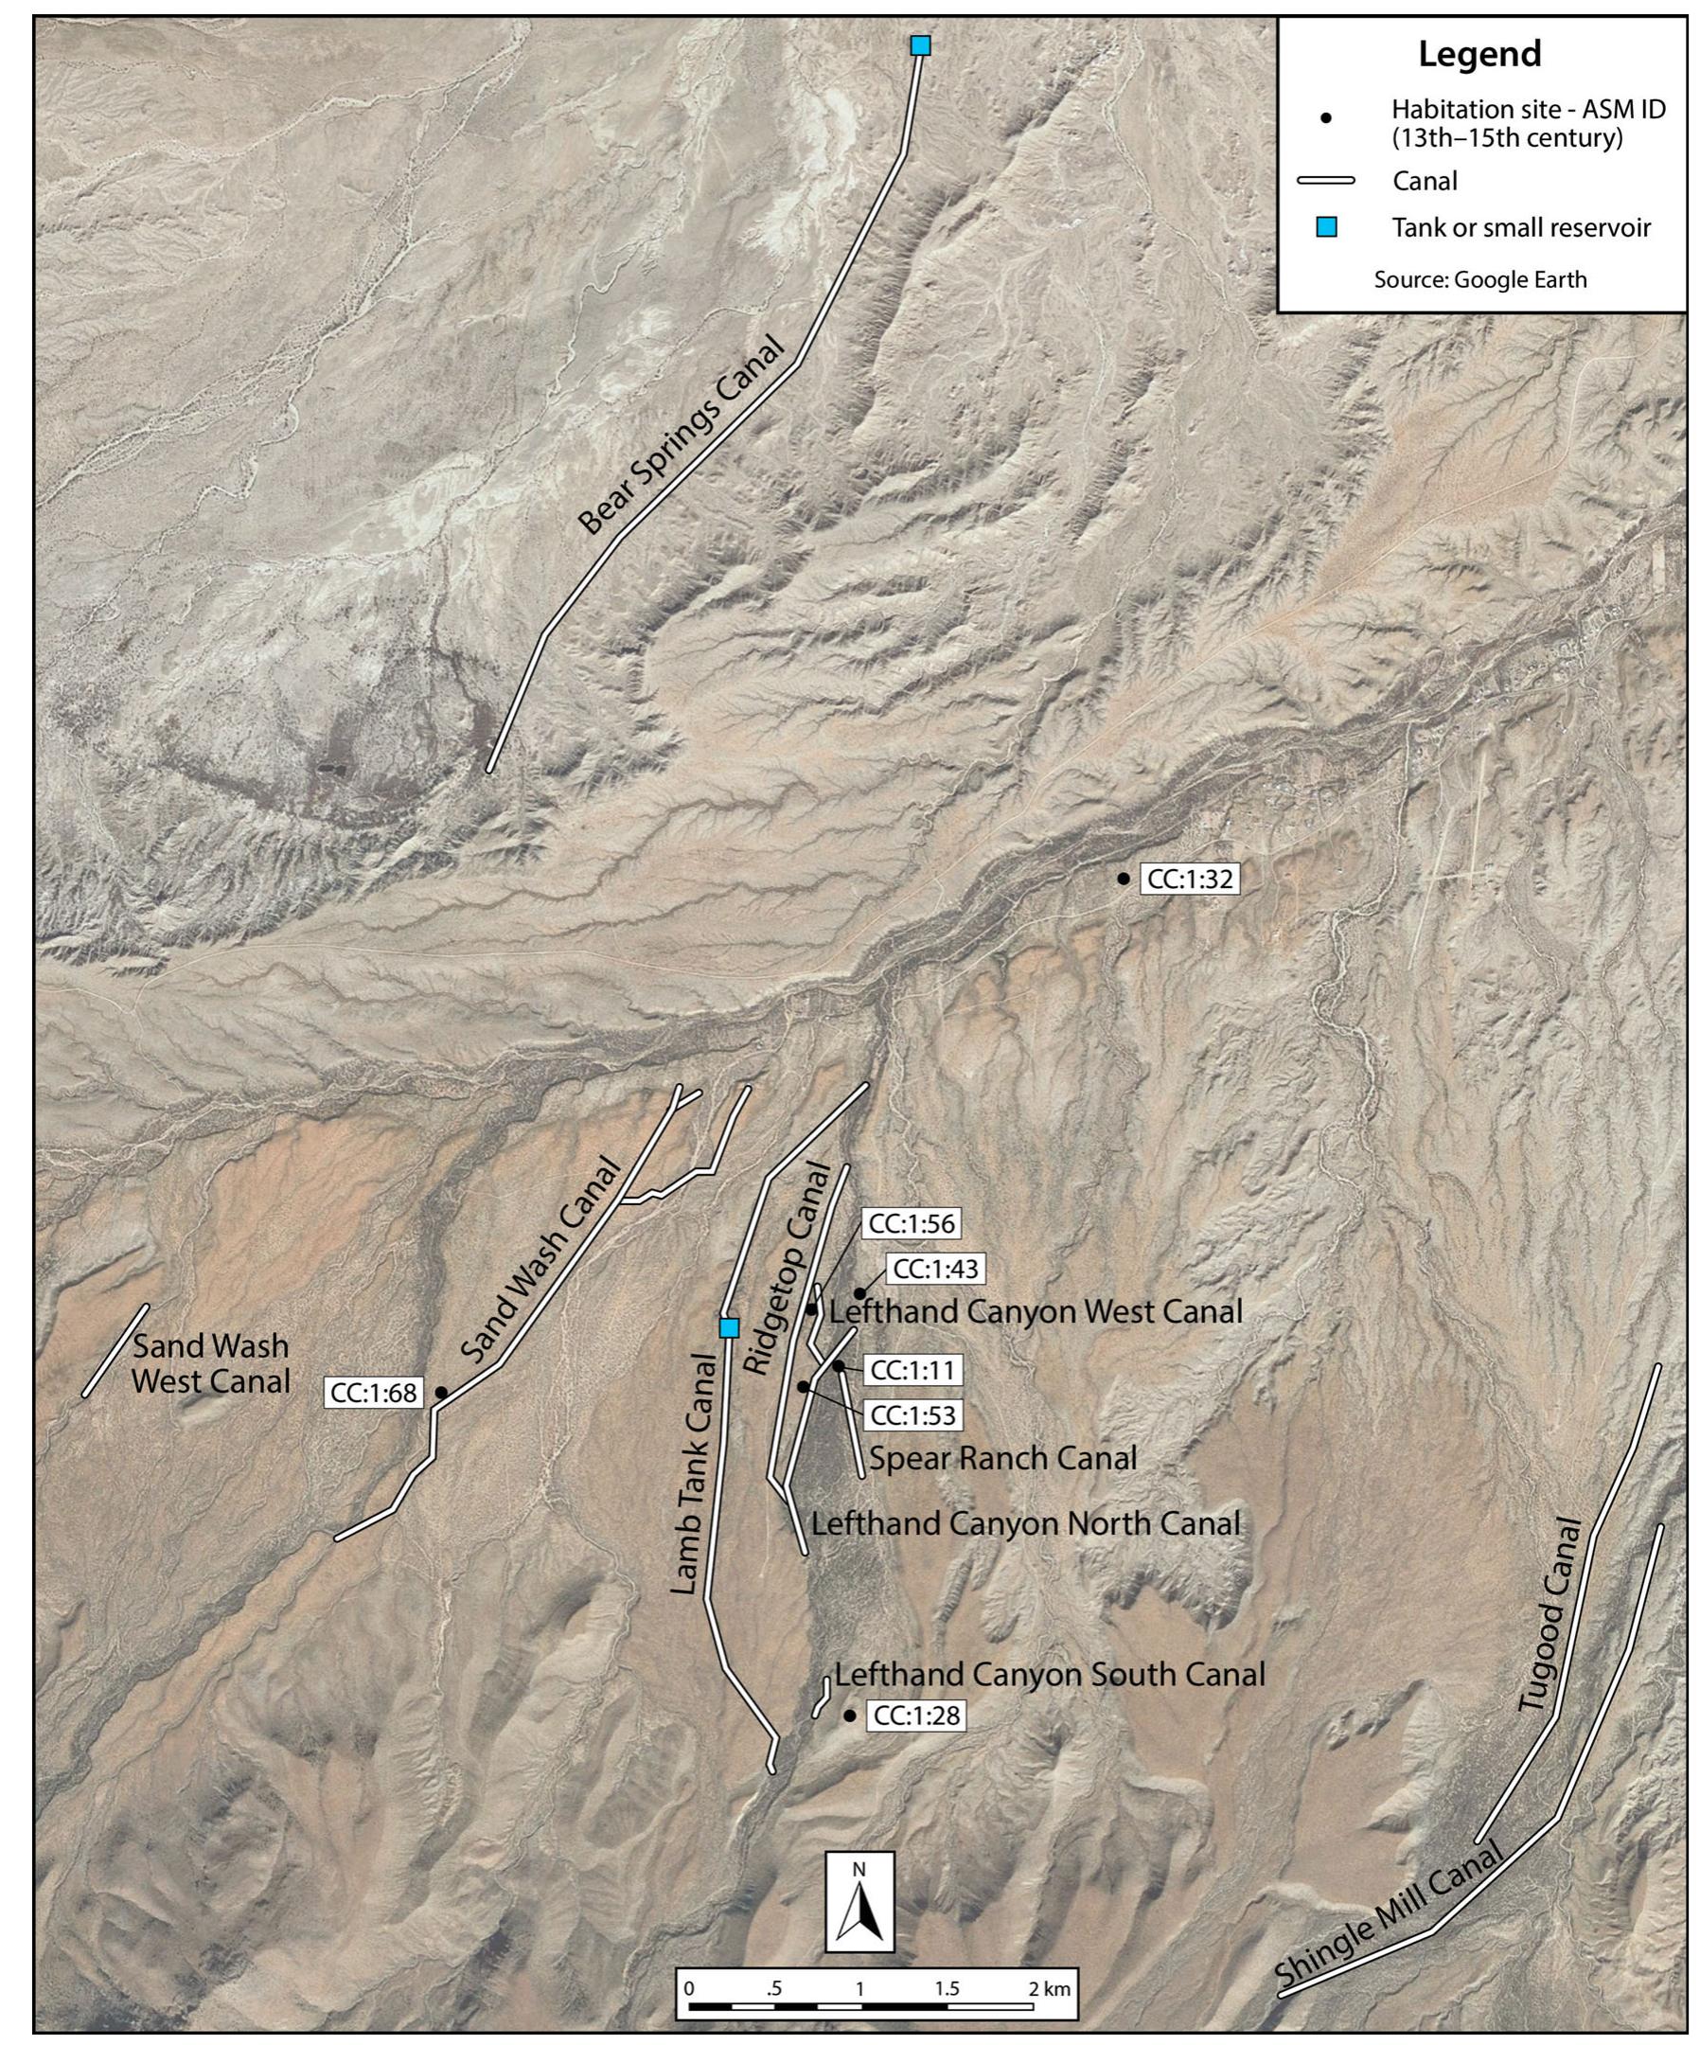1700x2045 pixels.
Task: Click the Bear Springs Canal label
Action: tap(682, 436)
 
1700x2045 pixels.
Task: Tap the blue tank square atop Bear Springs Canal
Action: tap(920, 45)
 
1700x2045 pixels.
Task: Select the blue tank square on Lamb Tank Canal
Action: tap(728, 1327)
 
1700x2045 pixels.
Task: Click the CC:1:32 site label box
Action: tap(1190, 880)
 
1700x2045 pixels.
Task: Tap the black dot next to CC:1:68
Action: tap(440, 1393)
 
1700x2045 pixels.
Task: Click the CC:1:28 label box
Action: tap(916, 1716)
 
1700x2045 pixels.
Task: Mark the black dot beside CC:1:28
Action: tap(850, 1716)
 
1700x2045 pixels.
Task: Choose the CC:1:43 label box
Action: tap(936, 1269)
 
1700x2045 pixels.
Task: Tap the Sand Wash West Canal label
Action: tap(211, 1363)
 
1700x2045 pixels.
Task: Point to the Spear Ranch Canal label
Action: tap(1002, 1459)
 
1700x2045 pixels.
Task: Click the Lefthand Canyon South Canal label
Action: tap(1050, 1674)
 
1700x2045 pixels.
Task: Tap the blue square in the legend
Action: tap(1326, 228)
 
